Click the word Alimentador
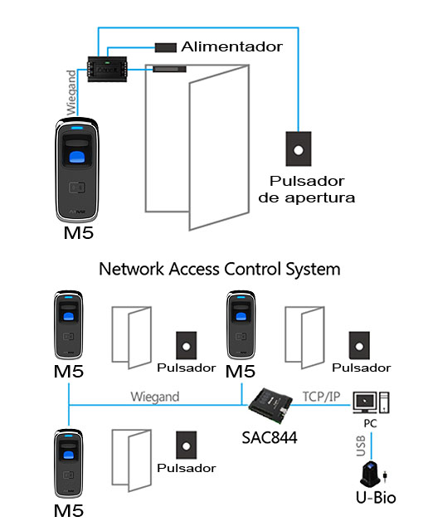231,46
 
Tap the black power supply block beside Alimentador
166,47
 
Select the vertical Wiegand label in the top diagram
71,92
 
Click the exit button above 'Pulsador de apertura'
298,149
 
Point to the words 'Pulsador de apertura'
307,189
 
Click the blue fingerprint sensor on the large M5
77,158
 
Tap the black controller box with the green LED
107,69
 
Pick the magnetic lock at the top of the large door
169,69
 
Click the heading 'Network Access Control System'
220,269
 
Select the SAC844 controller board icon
270,406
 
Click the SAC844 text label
270,437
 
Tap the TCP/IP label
321,397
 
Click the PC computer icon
371,402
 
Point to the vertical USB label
361,446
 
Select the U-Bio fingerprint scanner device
372,474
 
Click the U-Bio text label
376,498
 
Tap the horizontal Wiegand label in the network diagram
155,397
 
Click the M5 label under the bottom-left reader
68,511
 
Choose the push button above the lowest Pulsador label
186,445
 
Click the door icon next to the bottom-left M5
132,460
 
